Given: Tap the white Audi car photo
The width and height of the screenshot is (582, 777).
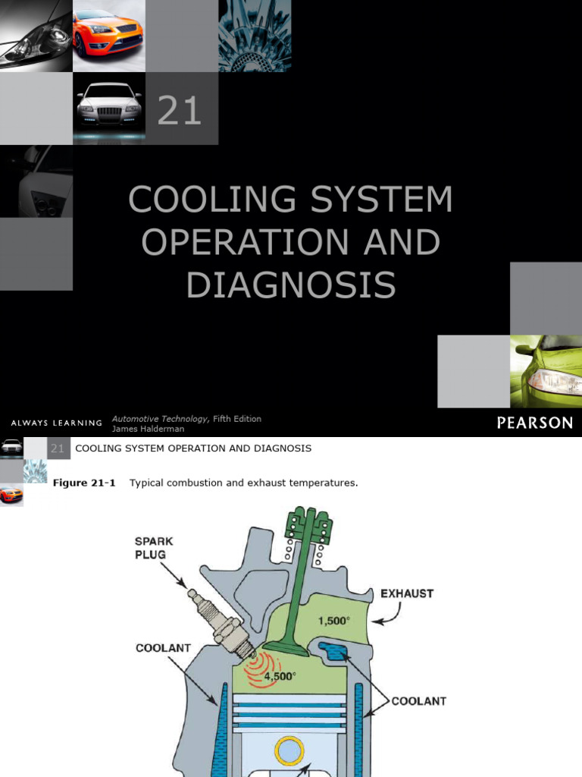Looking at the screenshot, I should (109, 107).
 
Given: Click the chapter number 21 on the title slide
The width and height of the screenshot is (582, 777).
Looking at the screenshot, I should (180, 111).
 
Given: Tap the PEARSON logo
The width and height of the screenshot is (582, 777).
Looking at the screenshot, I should (535, 423).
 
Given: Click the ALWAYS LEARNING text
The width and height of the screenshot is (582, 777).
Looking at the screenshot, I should (57, 423).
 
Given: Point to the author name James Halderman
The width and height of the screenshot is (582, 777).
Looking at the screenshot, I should (148, 429).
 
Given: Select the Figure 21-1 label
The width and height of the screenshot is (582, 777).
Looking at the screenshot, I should (84, 483).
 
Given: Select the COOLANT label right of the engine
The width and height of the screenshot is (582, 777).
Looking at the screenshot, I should (419, 701).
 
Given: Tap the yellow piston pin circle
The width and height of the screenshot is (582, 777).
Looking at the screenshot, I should (290, 752).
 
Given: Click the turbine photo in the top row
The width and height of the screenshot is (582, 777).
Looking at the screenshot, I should (255, 35).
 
